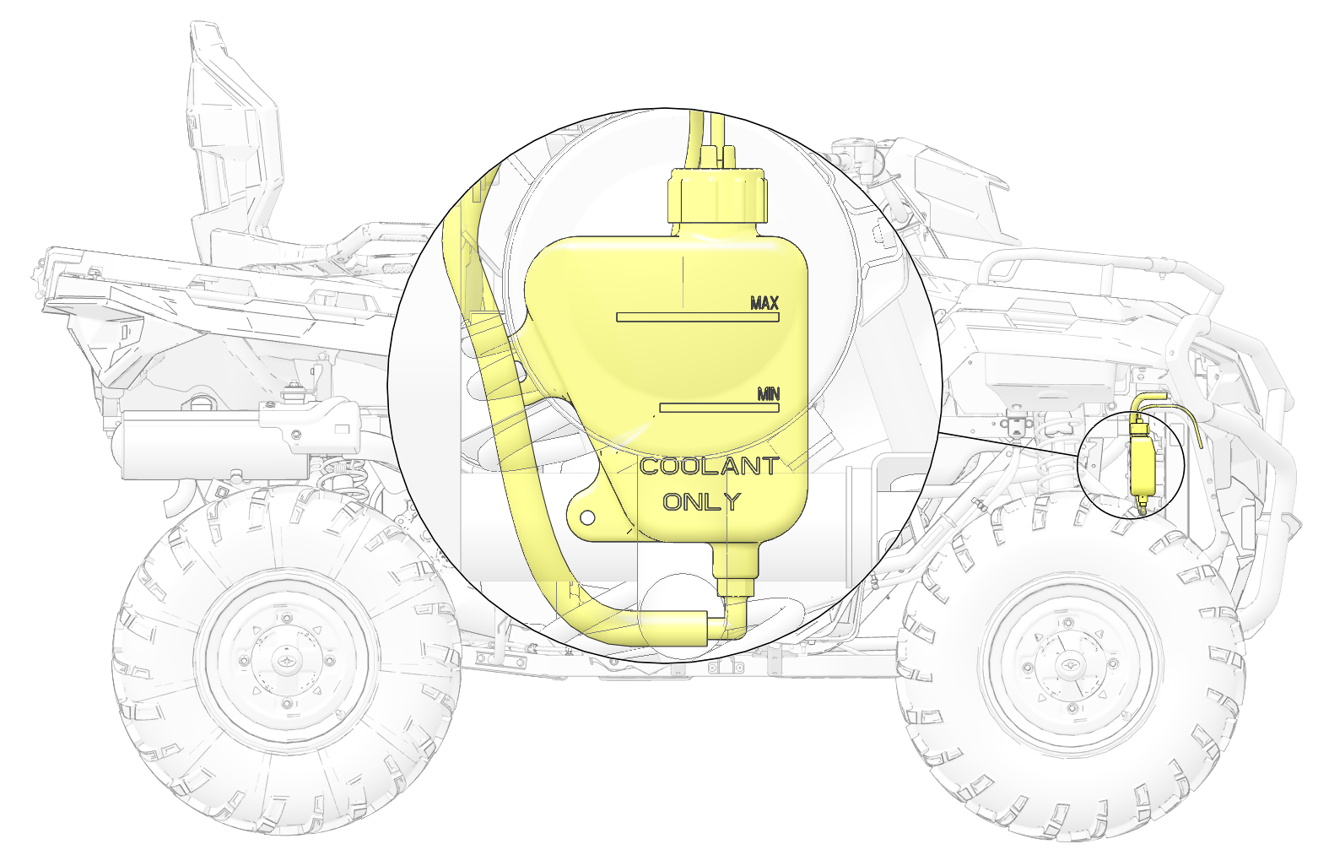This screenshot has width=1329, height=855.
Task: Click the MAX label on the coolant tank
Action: [764, 303]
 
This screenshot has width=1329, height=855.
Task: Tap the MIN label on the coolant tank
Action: [769, 394]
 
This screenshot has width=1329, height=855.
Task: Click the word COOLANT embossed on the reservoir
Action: [709, 467]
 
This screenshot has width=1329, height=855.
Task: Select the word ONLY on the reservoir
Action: [702, 502]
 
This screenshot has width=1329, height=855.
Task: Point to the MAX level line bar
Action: [698, 317]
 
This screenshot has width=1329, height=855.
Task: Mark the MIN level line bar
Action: [719, 408]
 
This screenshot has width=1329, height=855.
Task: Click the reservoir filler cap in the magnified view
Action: [718, 195]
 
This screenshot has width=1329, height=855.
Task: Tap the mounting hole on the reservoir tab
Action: [586, 518]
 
